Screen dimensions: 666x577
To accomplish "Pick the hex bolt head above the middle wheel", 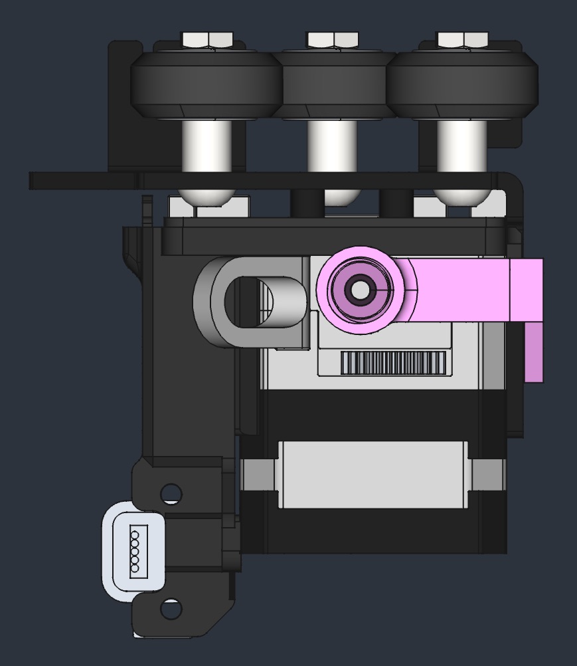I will (x=333, y=40).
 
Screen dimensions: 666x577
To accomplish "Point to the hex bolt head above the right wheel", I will (x=463, y=40).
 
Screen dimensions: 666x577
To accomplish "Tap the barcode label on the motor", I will (x=393, y=363).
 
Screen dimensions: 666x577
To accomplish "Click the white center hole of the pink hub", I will (x=359, y=290).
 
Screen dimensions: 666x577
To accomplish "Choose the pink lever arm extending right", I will (x=478, y=290).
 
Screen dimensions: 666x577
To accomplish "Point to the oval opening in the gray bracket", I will (x=248, y=302).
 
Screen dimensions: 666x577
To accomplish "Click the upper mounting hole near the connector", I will (x=171, y=493).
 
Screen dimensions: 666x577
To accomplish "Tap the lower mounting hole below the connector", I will (x=171, y=609).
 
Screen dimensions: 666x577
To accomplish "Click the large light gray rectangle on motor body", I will (x=373, y=474).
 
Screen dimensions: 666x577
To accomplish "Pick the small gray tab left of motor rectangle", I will (x=258, y=473).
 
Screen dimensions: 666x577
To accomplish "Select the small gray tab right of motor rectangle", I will (x=487, y=473).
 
